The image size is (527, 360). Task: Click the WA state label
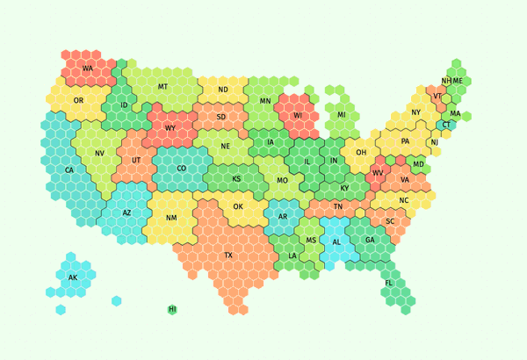tap(88, 68)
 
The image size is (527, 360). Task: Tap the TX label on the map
tap(228, 256)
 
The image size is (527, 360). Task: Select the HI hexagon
tap(172, 309)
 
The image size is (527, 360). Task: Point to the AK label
tap(73, 277)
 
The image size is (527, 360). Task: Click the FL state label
tap(389, 283)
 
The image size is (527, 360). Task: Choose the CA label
tap(69, 169)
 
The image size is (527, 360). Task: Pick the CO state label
tap(182, 169)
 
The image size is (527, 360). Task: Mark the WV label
tap(378, 173)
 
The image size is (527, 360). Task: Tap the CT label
tap(446, 125)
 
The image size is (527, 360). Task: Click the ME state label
tap(458, 81)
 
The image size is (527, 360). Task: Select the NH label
tap(446, 81)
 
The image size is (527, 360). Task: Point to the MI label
tap(342, 115)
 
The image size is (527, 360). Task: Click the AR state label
tap(283, 216)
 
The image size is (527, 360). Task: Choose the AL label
tap(336, 242)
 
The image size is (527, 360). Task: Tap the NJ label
tap(434, 142)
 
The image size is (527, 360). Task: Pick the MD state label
tap(418, 164)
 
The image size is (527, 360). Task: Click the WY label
tap(170, 128)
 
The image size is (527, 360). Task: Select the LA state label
tap(292, 256)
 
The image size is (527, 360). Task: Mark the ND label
tap(223, 90)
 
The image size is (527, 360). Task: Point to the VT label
tap(437, 96)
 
